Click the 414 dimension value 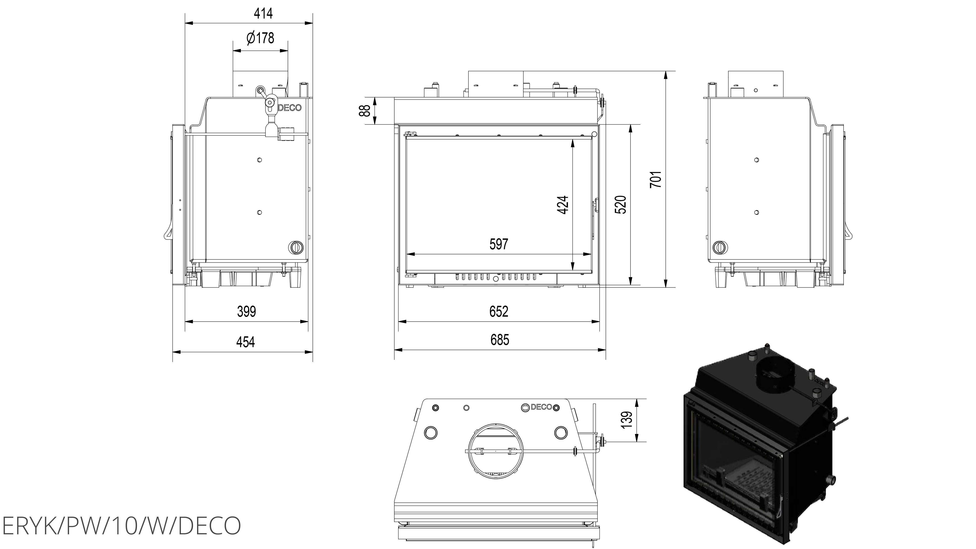(x=263, y=14)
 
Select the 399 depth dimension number (x=246, y=311)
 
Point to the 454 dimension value (x=245, y=342)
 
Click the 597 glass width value (x=499, y=244)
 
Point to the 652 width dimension (x=499, y=311)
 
